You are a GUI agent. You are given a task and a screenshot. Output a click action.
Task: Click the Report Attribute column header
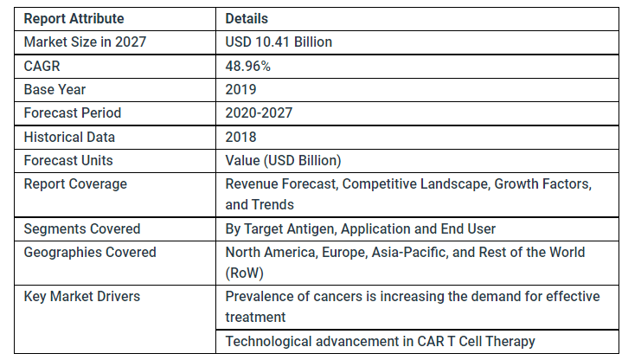74,18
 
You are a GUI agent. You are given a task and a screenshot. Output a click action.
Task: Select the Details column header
247,18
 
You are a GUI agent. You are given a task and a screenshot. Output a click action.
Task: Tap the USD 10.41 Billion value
279,42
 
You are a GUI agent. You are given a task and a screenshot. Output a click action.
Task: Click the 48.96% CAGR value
248,65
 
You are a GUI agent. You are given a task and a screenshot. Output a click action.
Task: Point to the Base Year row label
54,89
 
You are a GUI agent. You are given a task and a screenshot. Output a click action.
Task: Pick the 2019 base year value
240,89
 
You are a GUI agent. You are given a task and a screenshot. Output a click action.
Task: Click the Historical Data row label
69,137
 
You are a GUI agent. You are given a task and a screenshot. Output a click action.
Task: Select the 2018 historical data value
240,137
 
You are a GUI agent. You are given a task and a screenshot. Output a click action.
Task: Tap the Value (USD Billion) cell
283,160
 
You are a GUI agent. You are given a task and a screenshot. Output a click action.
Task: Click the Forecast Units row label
68,160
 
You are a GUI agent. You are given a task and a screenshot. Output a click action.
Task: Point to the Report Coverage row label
75,183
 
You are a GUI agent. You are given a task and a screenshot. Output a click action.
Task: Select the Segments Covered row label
82,228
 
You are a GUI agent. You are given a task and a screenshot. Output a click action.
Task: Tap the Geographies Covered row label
90,252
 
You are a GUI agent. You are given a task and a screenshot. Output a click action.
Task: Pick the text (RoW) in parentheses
246,273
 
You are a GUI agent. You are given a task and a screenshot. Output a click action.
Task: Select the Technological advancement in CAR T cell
380,341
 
